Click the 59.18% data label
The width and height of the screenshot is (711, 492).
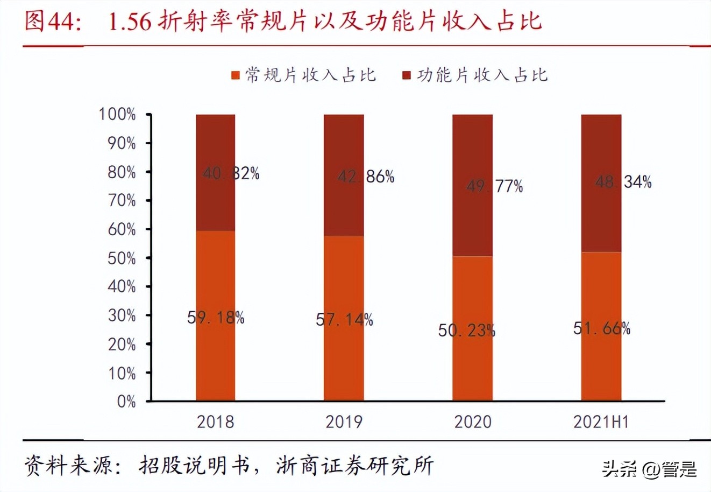tap(216, 318)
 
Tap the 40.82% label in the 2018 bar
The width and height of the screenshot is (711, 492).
tap(231, 173)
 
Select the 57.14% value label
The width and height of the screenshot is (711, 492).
tap(344, 320)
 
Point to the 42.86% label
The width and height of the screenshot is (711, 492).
tap(366, 177)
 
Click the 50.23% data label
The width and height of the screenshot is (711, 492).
tap(466, 330)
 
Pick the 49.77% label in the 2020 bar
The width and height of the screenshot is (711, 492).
tap(494, 186)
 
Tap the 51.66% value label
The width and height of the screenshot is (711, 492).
tap(601, 328)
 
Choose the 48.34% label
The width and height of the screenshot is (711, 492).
tap(623, 182)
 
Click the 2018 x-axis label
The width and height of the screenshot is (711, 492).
tap(215, 421)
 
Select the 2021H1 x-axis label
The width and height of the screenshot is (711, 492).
tap(601, 421)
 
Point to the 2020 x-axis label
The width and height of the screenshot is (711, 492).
tap(473, 421)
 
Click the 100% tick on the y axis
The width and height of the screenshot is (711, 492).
tap(117, 114)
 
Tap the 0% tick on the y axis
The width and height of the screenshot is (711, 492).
tap(126, 402)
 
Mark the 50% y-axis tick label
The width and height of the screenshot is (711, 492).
tap(122, 258)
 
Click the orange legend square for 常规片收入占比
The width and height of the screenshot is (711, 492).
tap(235, 75)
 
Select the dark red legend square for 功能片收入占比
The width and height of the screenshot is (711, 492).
tap(407, 75)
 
